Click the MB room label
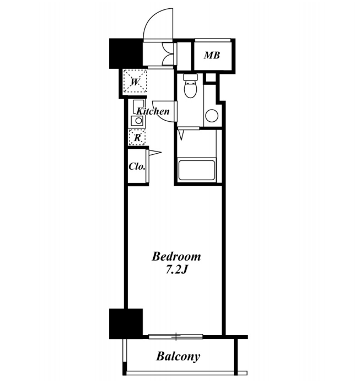[212, 56]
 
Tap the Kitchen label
[153, 111]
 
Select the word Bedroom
[176, 257]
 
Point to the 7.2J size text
[176, 270]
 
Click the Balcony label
[178, 357]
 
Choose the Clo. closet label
[137, 166]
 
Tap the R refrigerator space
[137, 138]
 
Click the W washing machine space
[135, 82]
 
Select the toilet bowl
[190, 89]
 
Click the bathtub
[197, 170]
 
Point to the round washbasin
[212, 116]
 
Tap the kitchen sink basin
[138, 121]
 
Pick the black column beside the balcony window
[126, 324]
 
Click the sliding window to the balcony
[176, 336]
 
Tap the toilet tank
[190, 78]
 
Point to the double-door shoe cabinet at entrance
[169, 54]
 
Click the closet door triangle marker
[155, 153]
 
